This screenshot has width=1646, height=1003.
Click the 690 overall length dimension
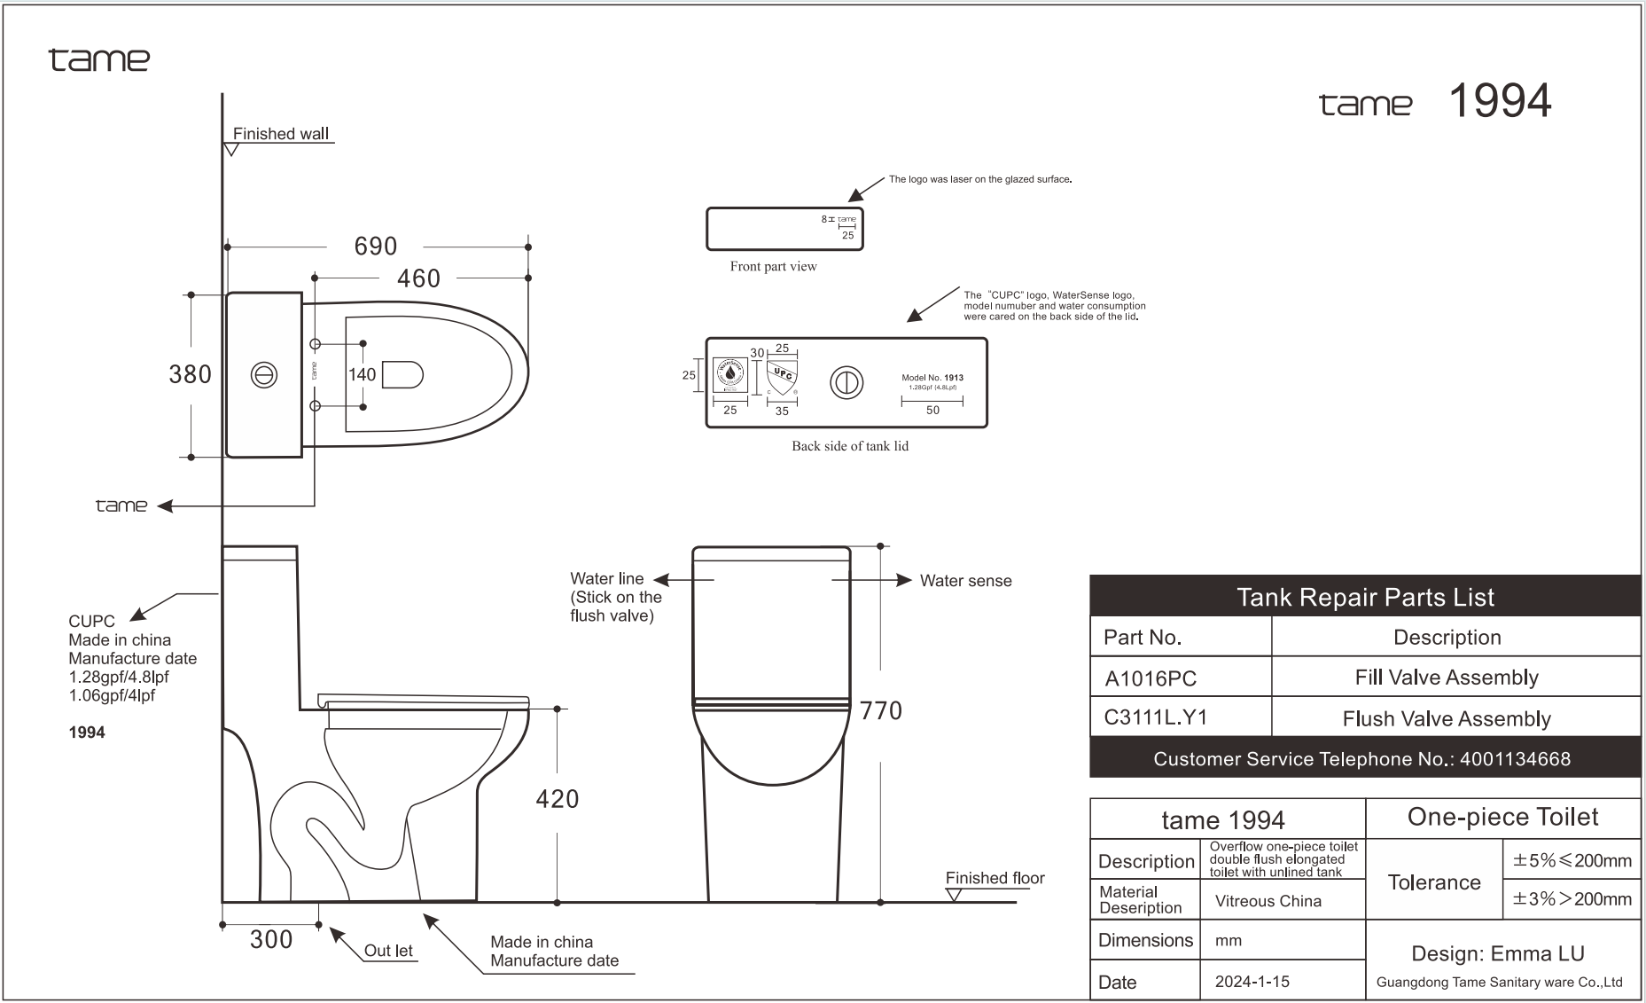click(x=376, y=247)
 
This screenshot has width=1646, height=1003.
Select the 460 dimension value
click(x=418, y=278)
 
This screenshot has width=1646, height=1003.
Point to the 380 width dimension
click(x=190, y=374)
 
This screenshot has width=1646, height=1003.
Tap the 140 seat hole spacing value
click(x=362, y=374)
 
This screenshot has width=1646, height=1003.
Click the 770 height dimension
click(x=881, y=710)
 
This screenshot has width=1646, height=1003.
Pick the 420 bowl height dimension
click(x=558, y=799)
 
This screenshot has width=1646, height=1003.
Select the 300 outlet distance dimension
click(x=271, y=939)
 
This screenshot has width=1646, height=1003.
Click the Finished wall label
click(x=280, y=134)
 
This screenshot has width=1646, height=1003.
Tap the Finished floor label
click(x=995, y=878)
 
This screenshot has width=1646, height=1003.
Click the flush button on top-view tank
click(x=263, y=375)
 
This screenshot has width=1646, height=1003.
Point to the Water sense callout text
click(x=965, y=581)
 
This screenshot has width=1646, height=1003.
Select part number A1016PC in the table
click(x=1151, y=678)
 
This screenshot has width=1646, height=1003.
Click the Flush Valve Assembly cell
click(x=1447, y=718)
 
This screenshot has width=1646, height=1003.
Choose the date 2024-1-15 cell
click(x=1252, y=982)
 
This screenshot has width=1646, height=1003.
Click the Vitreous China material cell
click(x=1268, y=901)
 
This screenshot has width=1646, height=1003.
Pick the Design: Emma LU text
click(x=1498, y=953)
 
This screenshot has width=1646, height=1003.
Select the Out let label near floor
click(x=388, y=951)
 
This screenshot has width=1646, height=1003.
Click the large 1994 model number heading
click(x=1500, y=101)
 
